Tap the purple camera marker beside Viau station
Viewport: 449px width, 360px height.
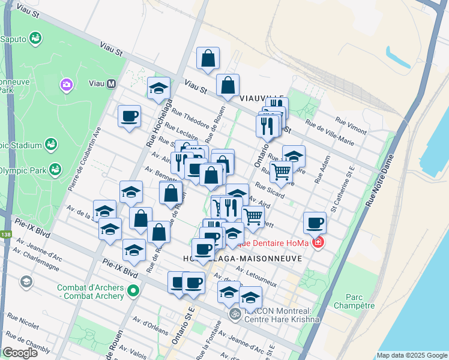(x=66, y=85)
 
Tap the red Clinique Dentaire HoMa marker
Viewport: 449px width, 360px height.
(x=318, y=242)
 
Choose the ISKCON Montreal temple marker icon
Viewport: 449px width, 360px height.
(x=235, y=313)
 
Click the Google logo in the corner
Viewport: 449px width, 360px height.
(x=20, y=353)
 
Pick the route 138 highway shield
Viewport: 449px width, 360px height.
(x=6, y=235)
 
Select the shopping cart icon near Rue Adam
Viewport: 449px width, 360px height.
(x=281, y=172)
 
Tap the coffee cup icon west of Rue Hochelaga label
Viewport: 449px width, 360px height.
(x=129, y=115)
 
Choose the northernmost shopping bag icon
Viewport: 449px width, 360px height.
(x=208, y=58)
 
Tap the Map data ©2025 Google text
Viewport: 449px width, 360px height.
(x=411, y=355)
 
